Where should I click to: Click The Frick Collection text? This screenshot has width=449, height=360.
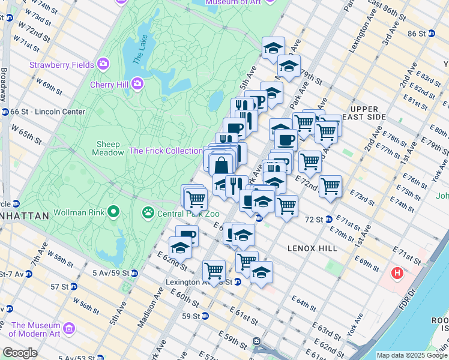click(166, 151)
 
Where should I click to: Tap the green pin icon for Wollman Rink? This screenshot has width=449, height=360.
click(113, 212)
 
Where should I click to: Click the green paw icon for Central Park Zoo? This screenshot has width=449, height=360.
click(147, 212)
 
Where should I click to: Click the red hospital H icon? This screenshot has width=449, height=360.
click(396, 274)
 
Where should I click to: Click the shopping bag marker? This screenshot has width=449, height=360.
click(221, 165)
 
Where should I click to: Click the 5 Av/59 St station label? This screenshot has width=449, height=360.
click(111, 274)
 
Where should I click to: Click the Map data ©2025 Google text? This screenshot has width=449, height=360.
click(412, 355)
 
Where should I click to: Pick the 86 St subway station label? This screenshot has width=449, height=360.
click(416, 34)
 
